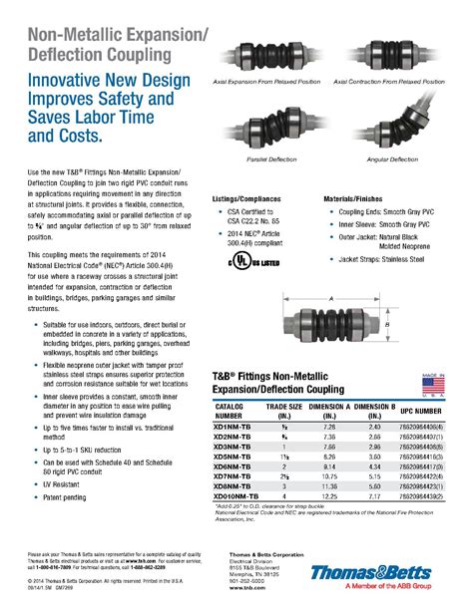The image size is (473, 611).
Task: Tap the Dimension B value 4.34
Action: (373, 464)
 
